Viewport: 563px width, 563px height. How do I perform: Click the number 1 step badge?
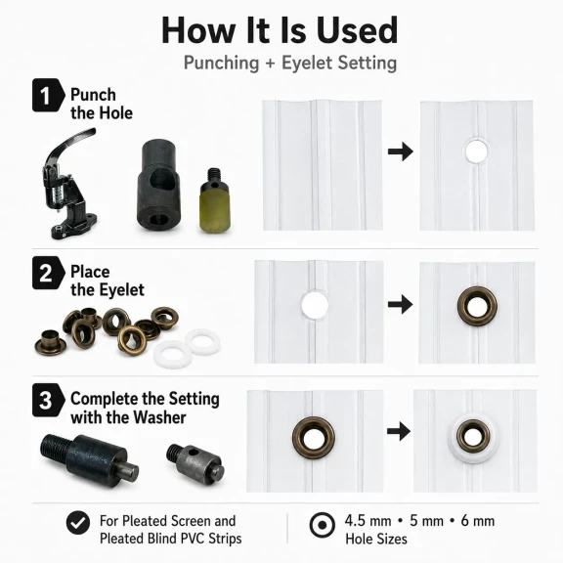point(48,95)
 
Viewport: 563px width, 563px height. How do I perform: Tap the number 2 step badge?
point(48,273)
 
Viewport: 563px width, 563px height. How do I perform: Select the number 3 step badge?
point(48,400)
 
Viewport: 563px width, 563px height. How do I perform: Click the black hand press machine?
point(68,183)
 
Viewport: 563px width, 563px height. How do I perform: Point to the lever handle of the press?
point(71,144)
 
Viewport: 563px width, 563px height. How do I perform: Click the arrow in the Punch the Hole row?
point(401,152)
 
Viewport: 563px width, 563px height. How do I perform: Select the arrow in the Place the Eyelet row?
point(401,305)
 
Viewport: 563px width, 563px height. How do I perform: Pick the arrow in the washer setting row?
point(399,431)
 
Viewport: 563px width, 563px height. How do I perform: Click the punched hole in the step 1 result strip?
point(476,151)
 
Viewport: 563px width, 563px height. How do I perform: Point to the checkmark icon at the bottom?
point(78,523)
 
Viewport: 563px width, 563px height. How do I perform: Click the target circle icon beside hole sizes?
point(323,525)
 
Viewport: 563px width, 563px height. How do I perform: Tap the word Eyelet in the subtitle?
point(307,63)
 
